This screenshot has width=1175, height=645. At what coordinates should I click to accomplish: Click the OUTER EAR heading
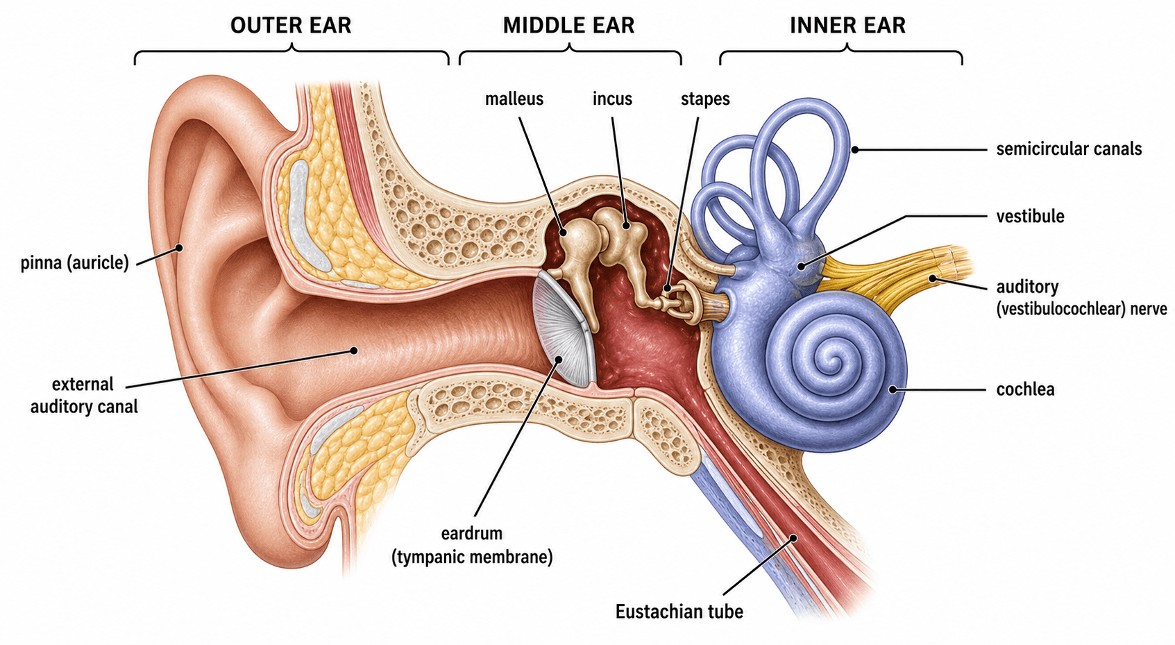tap(291, 25)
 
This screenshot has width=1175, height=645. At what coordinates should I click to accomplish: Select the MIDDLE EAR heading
tap(568, 25)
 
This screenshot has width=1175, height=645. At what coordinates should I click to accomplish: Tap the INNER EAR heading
tap(847, 25)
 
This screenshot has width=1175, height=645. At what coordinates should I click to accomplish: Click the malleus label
tap(514, 99)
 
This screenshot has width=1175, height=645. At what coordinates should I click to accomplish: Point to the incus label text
tap(612, 99)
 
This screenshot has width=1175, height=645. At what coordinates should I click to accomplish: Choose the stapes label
tap(705, 99)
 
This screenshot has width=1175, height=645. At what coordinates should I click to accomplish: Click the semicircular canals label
tap(1069, 149)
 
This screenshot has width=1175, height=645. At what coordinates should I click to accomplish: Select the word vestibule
tap(1030, 216)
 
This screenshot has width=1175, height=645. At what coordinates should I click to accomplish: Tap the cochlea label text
tap(1025, 389)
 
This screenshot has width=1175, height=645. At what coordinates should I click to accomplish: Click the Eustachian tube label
tap(679, 612)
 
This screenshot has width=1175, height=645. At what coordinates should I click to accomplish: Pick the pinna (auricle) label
tap(74, 262)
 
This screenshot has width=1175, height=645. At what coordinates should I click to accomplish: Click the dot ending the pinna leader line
tap(179, 248)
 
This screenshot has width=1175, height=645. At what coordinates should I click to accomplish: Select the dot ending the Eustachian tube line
tap(794, 538)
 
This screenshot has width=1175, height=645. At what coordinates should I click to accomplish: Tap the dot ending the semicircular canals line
tap(854, 149)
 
